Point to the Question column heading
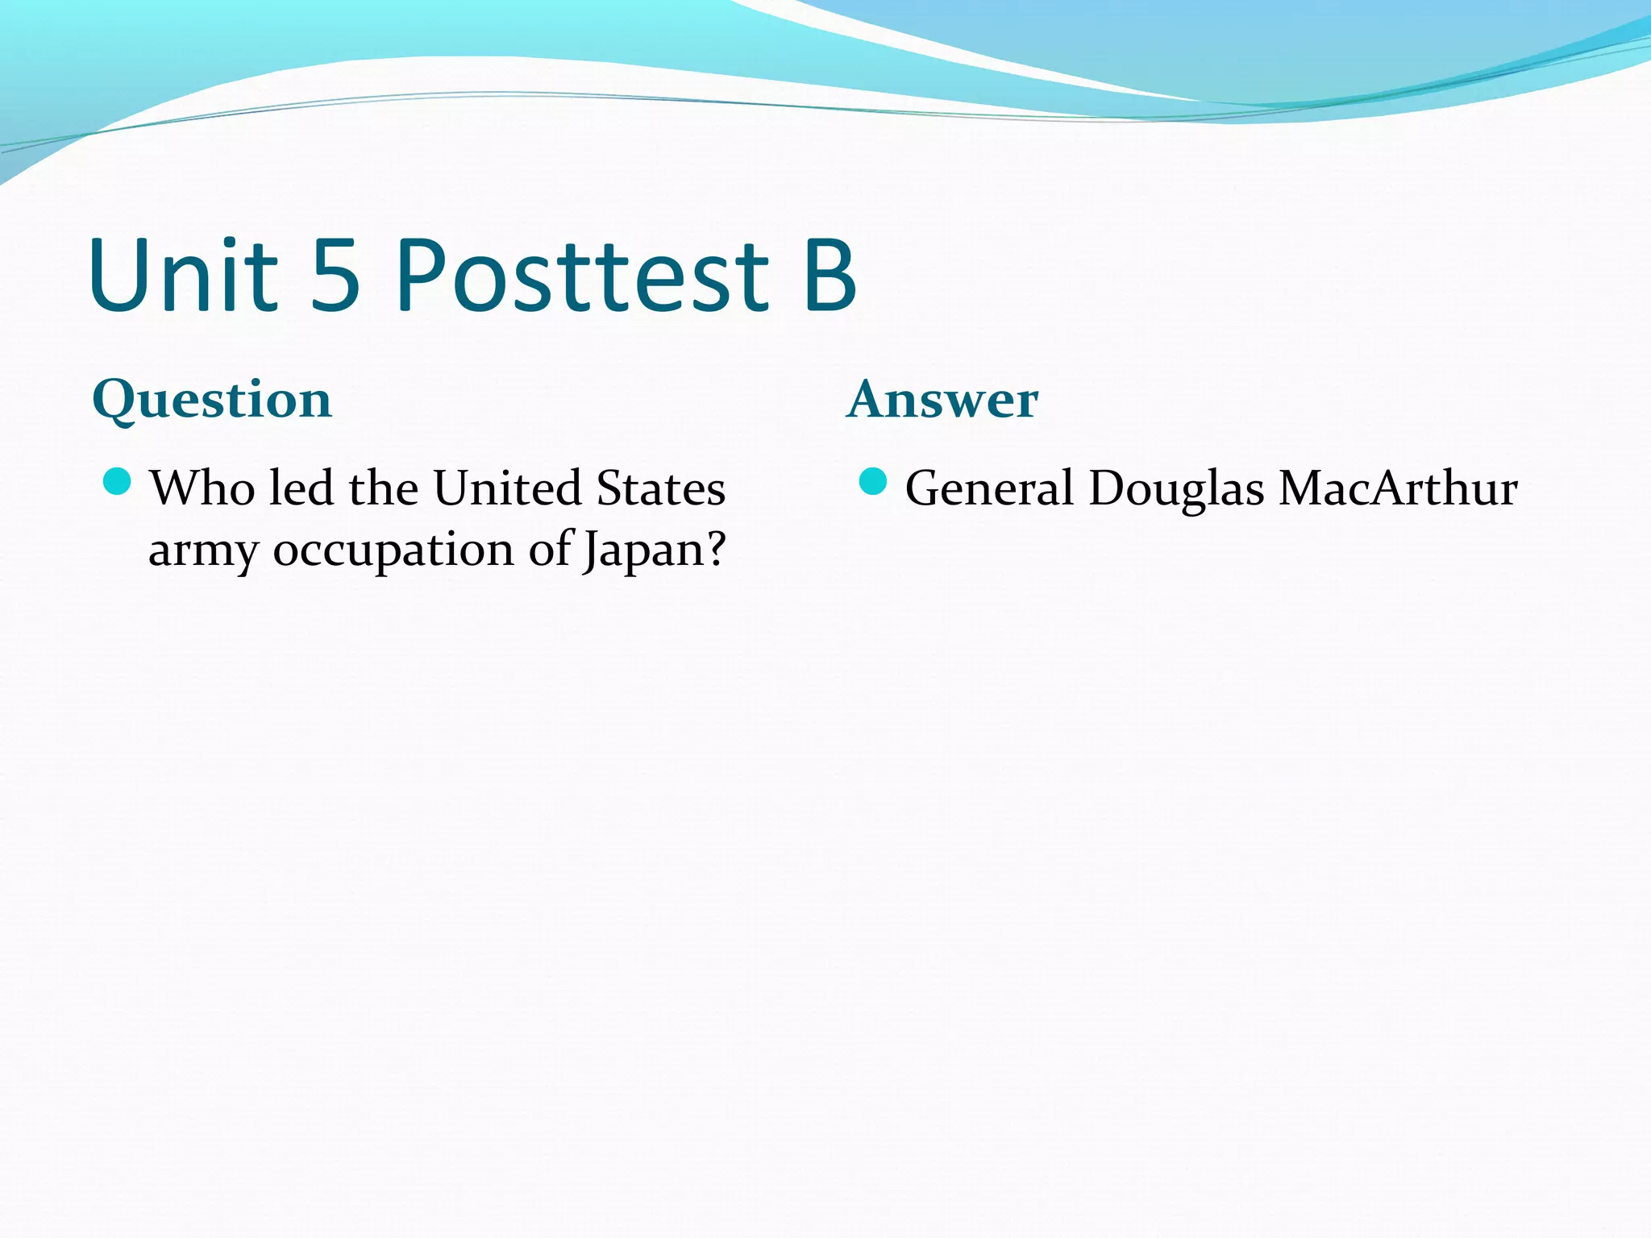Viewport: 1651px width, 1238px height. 212,399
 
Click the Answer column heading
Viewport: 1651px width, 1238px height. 942,399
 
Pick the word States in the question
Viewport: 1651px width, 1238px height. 660,488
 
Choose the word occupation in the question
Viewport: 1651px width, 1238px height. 393,551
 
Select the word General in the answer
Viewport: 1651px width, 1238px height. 989,488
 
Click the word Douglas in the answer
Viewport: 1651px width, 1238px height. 1176,490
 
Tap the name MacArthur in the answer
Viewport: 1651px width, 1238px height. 1398,488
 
